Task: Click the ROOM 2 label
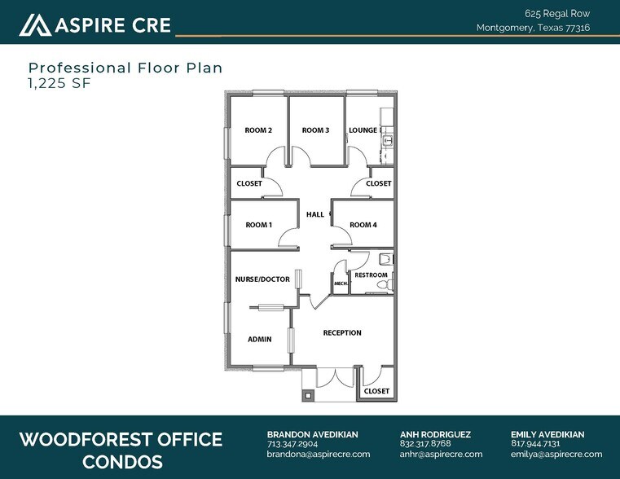(258, 130)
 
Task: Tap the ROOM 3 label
(315, 130)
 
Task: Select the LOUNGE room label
(363, 130)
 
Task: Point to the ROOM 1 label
(258, 225)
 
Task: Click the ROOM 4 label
(363, 225)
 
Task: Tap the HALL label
(315, 215)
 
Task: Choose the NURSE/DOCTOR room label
(262, 279)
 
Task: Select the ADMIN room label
(259, 339)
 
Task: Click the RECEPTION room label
(342, 332)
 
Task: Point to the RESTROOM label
(371, 275)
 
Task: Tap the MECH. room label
(341, 283)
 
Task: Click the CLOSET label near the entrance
(376, 392)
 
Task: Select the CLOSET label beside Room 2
(249, 184)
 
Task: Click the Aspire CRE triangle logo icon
(34, 25)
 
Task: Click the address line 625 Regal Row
(557, 13)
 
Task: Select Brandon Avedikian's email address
(319, 455)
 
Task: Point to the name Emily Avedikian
(547, 434)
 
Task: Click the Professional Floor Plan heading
(125, 68)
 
